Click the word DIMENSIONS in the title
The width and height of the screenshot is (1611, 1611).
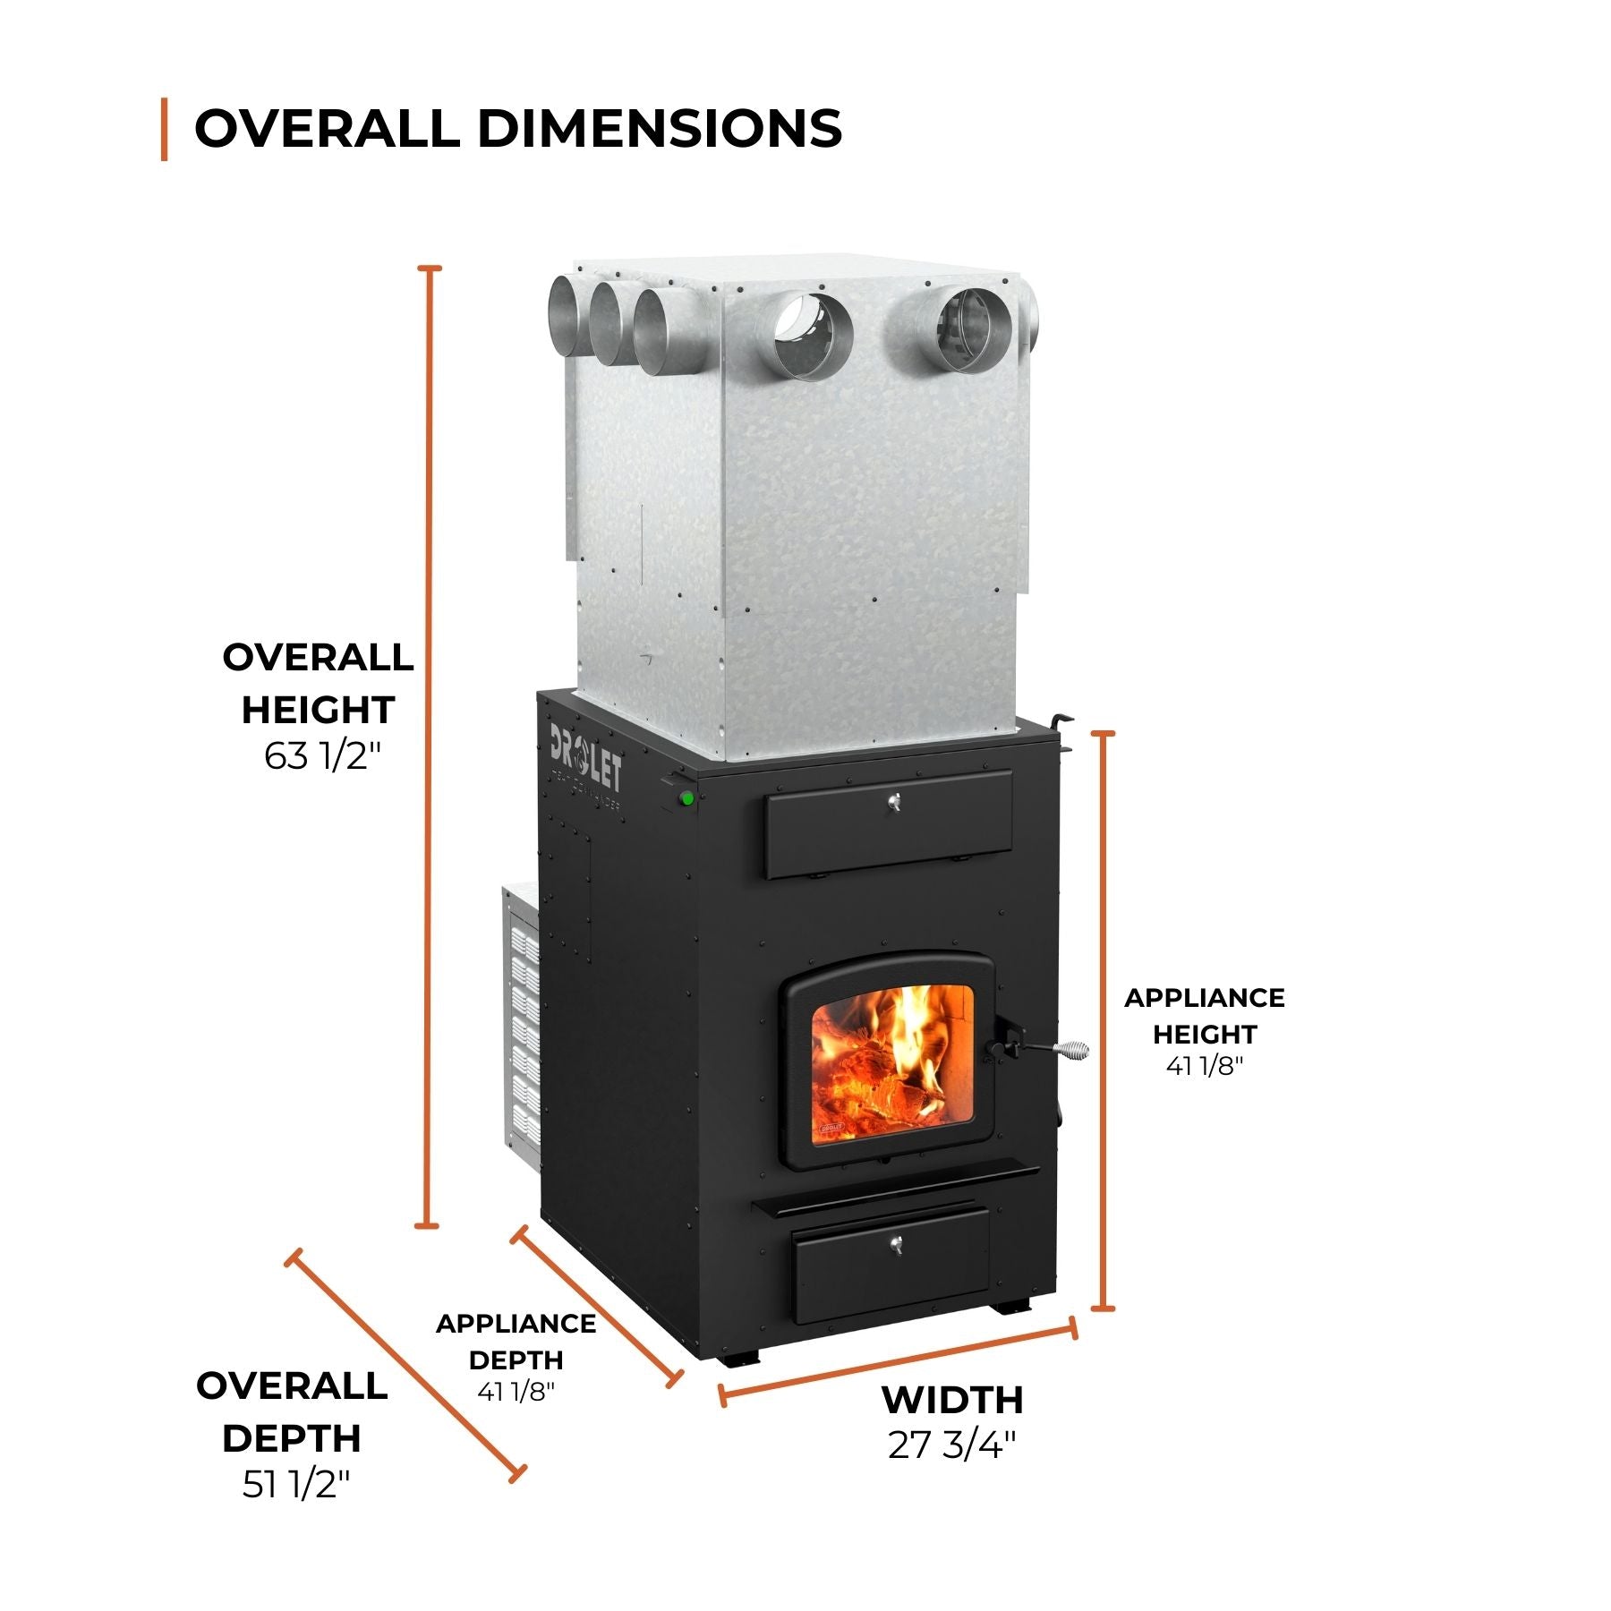[660, 128]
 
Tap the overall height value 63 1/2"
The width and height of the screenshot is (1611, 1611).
[323, 756]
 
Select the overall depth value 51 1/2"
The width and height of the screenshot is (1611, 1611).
[296, 1485]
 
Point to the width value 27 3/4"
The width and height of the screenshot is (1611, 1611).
[952, 1445]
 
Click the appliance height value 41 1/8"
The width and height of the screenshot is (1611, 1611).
[1205, 1065]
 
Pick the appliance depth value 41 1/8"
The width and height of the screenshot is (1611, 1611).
[516, 1392]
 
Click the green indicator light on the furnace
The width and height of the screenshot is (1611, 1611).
[687, 798]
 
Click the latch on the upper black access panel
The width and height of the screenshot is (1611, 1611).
[892, 805]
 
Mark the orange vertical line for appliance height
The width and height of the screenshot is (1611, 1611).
[1104, 1020]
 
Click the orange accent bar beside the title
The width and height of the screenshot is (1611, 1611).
[165, 129]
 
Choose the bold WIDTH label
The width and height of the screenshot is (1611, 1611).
[952, 1400]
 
